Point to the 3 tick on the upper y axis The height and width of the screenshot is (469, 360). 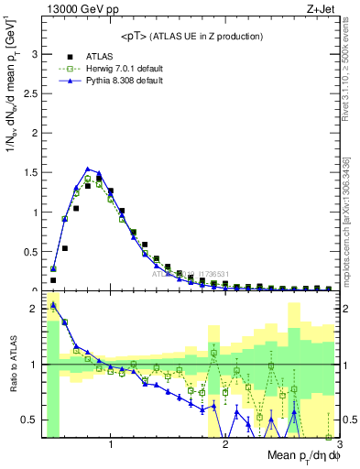pos(34,54)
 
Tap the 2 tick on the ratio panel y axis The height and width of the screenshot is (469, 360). pos(34,308)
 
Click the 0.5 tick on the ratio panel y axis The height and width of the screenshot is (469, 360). pos(29,420)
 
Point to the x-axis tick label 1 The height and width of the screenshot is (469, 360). pos(111,445)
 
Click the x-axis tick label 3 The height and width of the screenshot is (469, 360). pos(339,445)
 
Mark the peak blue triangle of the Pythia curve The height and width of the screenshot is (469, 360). pos(87,169)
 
